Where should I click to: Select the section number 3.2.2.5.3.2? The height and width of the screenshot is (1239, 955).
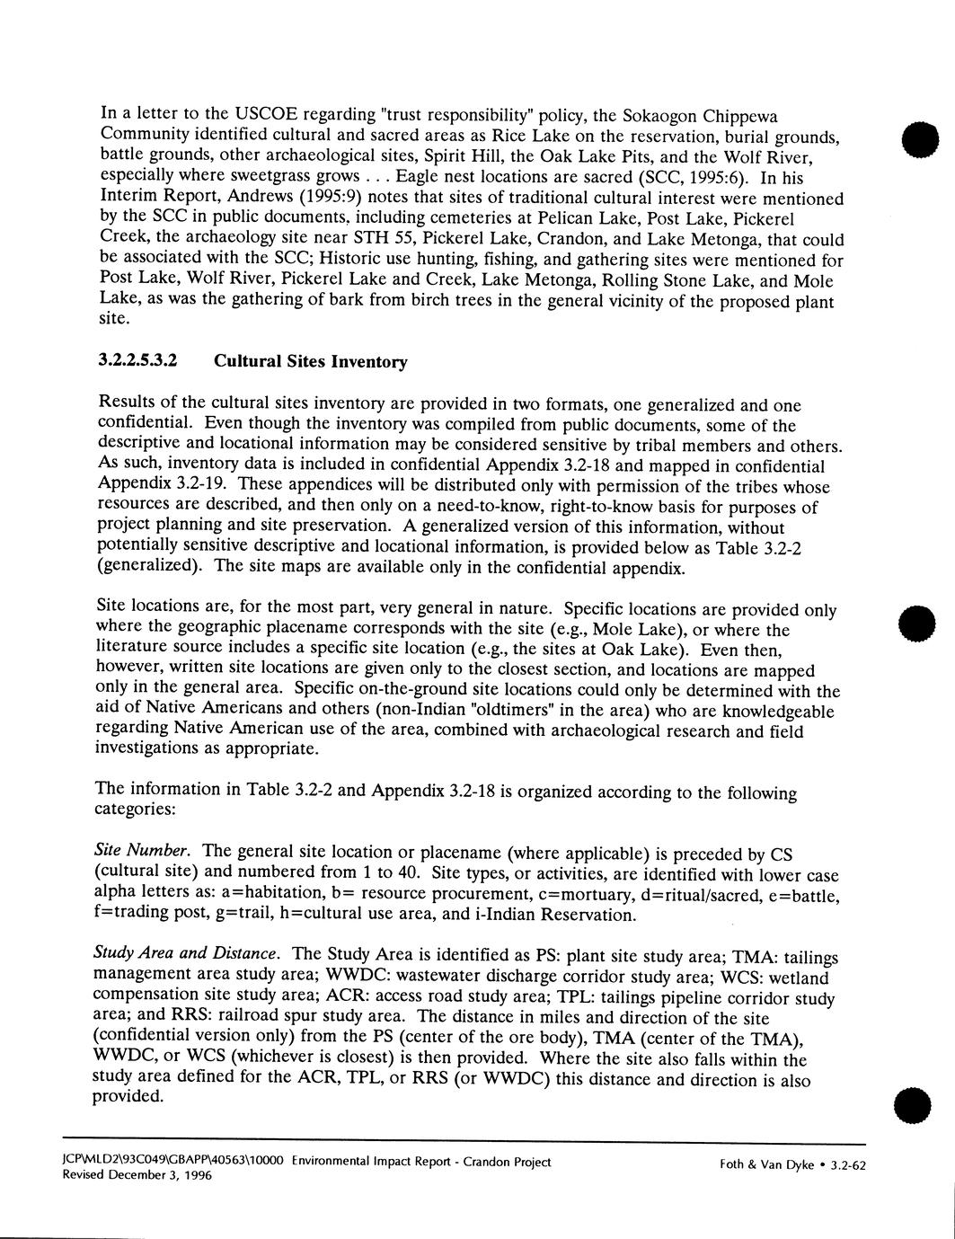point(137,361)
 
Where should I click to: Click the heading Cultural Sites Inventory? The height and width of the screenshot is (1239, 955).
point(311,362)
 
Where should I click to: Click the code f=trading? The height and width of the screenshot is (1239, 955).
point(128,915)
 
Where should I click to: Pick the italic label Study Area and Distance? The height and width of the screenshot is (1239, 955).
point(188,952)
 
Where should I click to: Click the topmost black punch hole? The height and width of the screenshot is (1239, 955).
point(921,139)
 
